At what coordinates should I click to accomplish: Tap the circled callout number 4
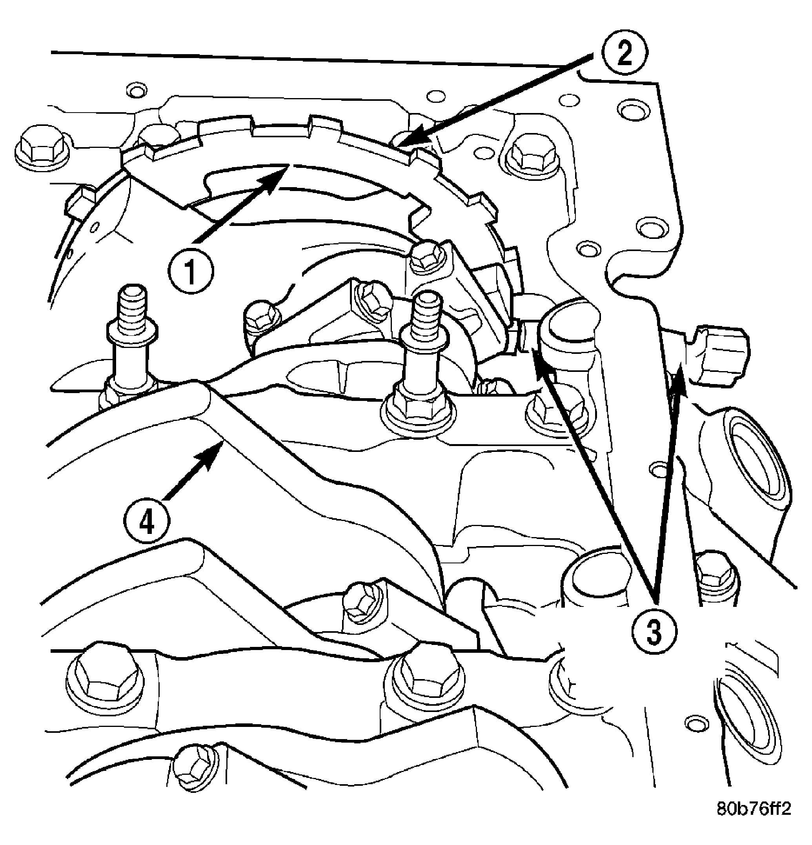coord(147,523)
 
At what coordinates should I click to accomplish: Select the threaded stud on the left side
coord(132,341)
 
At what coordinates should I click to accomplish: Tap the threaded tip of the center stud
coord(424,315)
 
